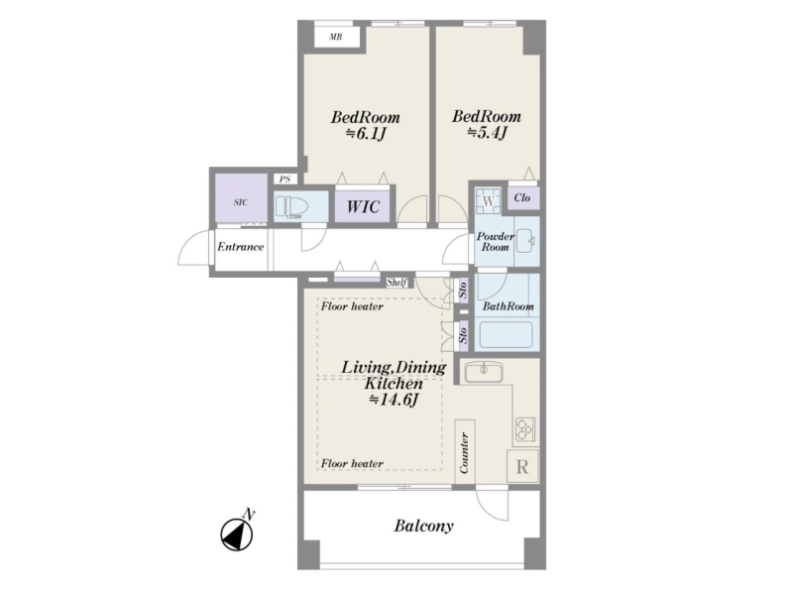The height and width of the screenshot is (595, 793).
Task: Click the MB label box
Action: (336, 37)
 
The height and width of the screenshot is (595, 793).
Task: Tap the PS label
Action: (284, 179)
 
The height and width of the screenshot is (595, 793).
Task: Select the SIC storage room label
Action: (241, 202)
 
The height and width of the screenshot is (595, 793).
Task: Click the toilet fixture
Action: (292, 207)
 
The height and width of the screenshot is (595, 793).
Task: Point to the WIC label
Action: (363, 206)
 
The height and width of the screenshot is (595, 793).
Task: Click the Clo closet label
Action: (522, 197)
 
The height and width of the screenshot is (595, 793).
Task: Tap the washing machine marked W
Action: (488, 201)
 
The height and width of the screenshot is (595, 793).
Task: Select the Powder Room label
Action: (495, 242)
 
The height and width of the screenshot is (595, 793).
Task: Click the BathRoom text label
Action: (508, 306)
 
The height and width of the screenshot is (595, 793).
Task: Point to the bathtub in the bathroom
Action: (506, 334)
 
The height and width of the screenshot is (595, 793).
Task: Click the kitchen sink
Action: (484, 373)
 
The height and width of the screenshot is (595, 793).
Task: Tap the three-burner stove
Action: (525, 429)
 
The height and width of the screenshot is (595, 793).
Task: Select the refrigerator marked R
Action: (522, 466)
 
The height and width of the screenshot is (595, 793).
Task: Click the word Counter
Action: (464, 452)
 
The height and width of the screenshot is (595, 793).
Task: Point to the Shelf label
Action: (396, 283)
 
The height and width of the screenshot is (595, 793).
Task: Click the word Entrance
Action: (241, 247)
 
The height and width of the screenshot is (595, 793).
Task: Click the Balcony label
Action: (424, 527)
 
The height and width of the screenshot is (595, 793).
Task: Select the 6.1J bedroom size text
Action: (366, 134)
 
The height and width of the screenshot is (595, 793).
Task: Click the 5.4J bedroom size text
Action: (487, 133)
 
